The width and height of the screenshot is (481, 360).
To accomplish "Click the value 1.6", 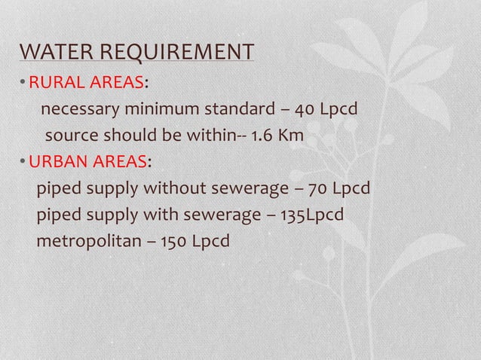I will click(262, 137).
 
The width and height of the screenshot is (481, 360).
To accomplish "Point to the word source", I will click(70, 137).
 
